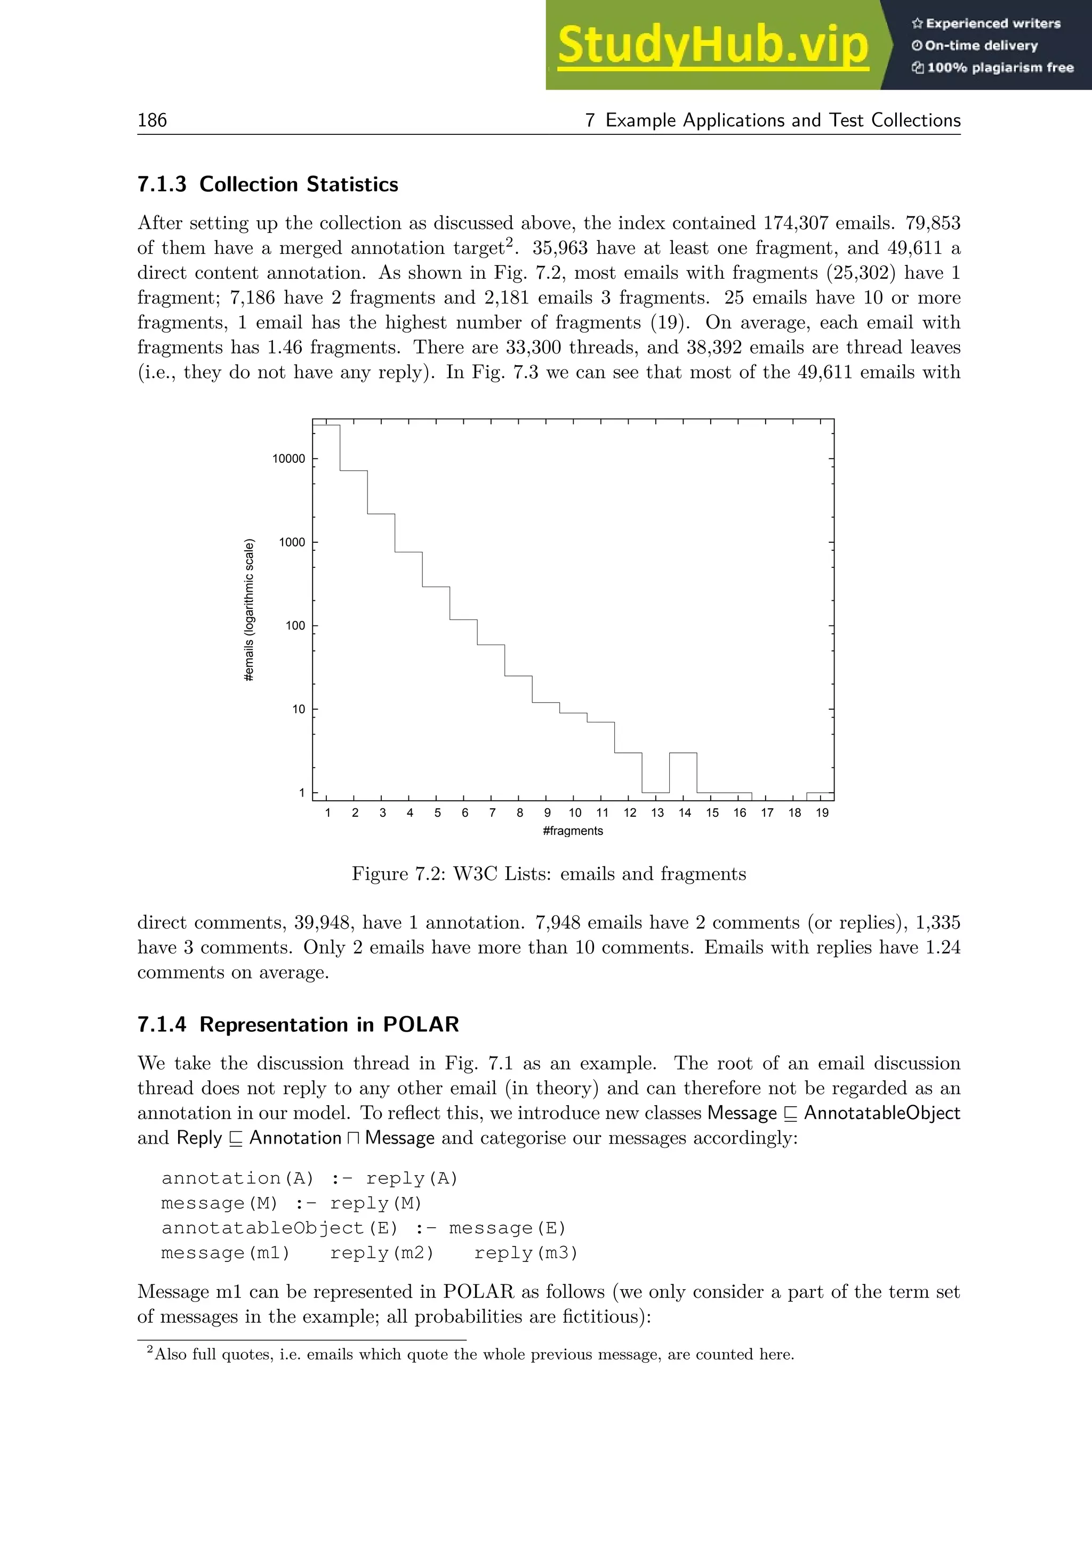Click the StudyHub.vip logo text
(713, 46)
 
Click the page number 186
(152, 120)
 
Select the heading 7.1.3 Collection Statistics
(268, 184)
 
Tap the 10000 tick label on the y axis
(288, 459)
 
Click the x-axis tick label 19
(822, 813)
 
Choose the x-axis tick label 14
(684, 813)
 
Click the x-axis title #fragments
(572, 831)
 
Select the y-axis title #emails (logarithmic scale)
(250, 610)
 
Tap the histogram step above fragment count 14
(682, 753)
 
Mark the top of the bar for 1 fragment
(326, 425)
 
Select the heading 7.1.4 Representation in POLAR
(298, 1024)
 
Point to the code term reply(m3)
(526, 1253)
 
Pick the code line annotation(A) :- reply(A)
(309, 1179)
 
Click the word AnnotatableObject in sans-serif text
(881, 1113)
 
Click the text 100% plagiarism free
(999, 68)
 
